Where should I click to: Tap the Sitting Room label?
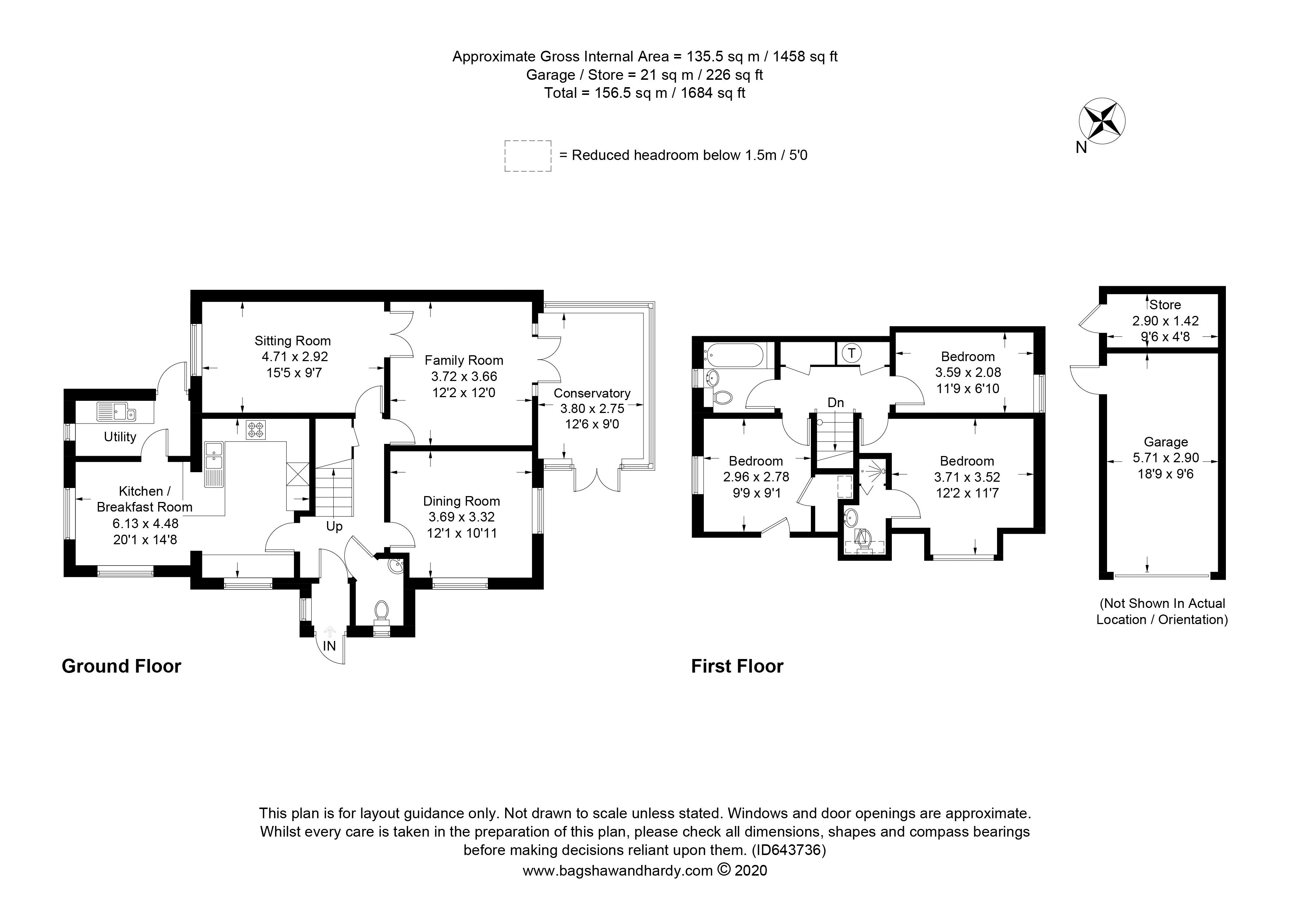(x=292, y=341)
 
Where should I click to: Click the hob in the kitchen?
(x=256, y=430)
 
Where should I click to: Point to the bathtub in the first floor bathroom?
(x=734, y=356)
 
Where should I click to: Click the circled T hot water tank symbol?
(x=852, y=353)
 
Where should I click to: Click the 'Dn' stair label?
(x=836, y=402)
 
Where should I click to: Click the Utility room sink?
(x=115, y=412)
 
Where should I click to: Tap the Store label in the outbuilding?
(x=1165, y=304)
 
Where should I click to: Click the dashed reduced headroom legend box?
(x=528, y=156)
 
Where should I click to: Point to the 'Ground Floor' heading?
(x=121, y=666)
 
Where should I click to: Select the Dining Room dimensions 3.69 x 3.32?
(x=462, y=517)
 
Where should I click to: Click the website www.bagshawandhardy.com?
(x=617, y=870)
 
